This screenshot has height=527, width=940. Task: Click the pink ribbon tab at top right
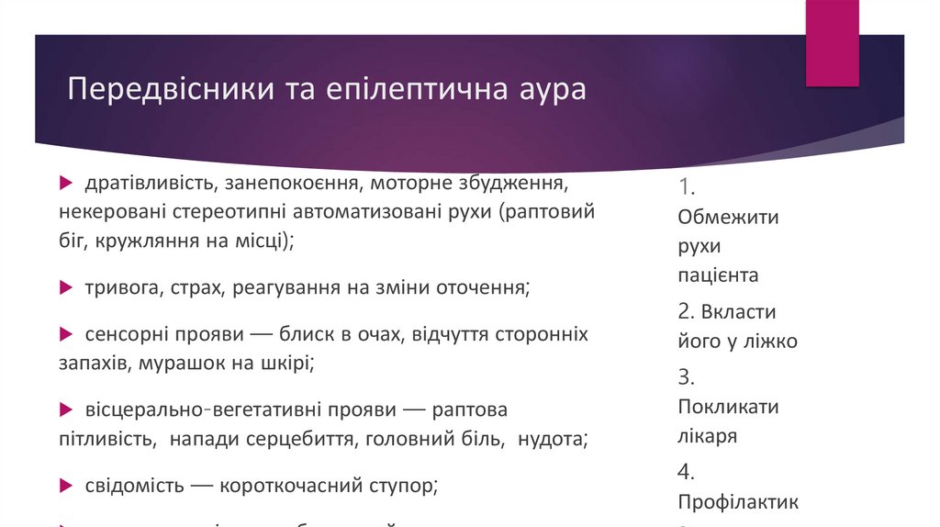click(832, 42)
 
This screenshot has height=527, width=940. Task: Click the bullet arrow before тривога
click(66, 287)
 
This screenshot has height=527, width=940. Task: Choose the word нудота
click(551, 439)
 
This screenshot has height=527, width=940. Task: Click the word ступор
click(400, 485)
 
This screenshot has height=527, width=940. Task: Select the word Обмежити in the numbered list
click(728, 218)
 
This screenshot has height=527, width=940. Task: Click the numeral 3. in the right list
click(686, 376)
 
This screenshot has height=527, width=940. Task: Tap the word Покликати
click(728, 407)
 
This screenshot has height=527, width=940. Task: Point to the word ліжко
click(771, 342)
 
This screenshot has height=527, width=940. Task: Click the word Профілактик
click(738, 502)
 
